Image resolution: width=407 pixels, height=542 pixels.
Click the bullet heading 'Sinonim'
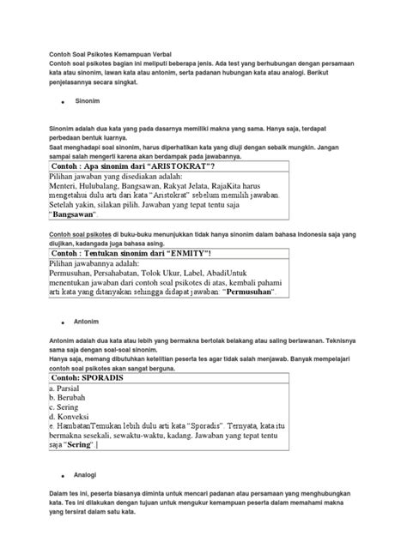click(87, 100)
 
